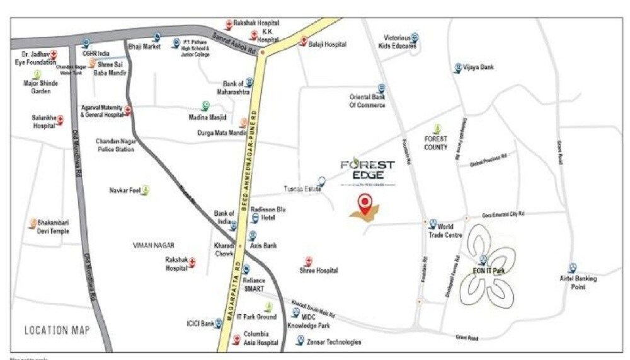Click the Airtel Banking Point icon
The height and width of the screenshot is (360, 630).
click(572, 268)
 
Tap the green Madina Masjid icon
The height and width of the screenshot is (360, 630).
click(205, 105)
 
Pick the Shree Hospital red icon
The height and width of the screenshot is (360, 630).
click(309, 260)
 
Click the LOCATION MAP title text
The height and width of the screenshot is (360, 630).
click(57, 330)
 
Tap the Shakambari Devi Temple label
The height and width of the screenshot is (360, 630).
click(52, 227)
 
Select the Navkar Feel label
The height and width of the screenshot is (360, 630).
click(125, 190)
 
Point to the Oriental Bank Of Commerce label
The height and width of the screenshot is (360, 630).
click(367, 101)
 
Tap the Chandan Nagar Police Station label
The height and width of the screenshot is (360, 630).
click(115, 145)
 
